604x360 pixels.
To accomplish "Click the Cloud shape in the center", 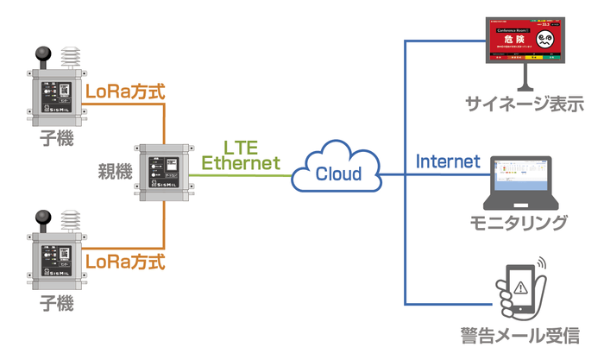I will (337, 173).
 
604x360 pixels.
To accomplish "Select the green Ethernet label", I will (241, 162).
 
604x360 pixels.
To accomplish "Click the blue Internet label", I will (448, 161).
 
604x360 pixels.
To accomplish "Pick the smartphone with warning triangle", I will (521, 289).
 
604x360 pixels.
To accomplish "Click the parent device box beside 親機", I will (163, 172).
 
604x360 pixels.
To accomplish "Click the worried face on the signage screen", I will (547, 40).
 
